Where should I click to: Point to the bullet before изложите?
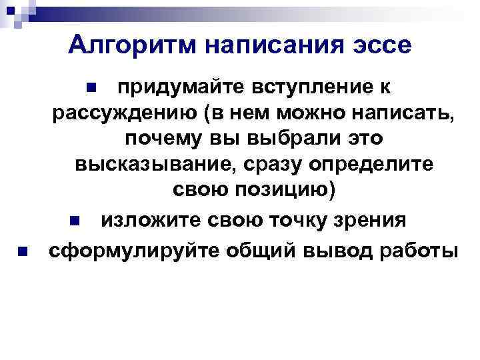click(x=75, y=219)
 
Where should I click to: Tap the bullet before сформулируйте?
click(x=23, y=251)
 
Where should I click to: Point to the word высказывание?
click(x=155, y=165)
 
